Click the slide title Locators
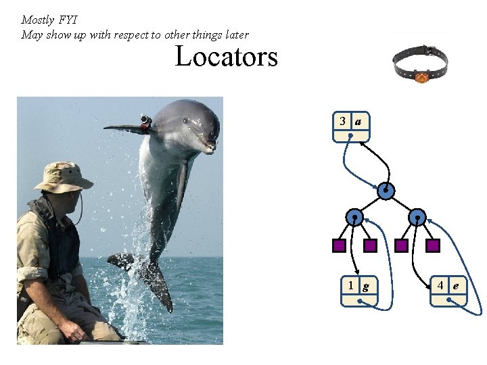point(226,56)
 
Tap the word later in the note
point(234,34)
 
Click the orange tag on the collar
point(421,78)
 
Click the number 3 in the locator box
point(343,121)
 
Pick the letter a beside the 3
point(358,121)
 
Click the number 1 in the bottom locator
point(350,285)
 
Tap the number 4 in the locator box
point(440,285)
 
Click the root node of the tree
point(386,191)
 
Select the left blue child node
point(354,217)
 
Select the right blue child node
point(418,217)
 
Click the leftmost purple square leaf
point(339,245)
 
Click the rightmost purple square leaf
point(433,245)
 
